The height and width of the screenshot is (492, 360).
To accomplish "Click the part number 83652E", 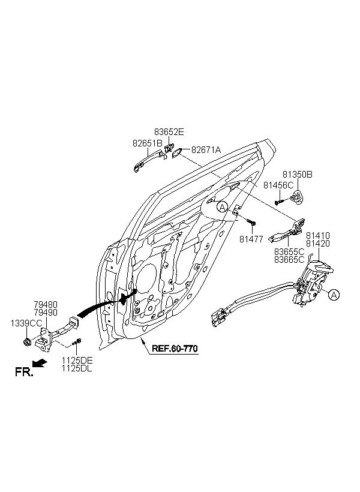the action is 169,132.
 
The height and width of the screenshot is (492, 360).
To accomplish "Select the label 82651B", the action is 148,143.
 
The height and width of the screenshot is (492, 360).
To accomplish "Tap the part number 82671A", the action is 206,150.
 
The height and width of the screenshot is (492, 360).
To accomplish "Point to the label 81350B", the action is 298,175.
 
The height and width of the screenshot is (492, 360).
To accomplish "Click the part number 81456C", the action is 278,185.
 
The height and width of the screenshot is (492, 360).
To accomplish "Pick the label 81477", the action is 251,239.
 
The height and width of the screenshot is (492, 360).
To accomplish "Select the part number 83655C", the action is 289,251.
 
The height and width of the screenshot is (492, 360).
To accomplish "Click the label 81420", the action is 318,244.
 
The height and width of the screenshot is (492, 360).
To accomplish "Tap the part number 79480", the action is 46,304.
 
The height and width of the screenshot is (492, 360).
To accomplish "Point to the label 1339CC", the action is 26,323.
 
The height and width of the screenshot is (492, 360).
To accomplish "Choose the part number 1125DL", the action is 77,368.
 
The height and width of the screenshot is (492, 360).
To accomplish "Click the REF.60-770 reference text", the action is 175,349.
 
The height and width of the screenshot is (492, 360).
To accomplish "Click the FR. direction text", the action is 24,372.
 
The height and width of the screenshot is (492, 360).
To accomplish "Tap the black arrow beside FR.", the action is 40,363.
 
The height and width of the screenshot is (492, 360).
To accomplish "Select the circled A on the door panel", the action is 222,207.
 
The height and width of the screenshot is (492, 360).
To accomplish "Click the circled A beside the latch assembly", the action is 334,295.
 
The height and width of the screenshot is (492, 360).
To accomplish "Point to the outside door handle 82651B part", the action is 148,162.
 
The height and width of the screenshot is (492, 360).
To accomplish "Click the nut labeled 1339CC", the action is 26,341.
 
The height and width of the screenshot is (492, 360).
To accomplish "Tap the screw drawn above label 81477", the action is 251,222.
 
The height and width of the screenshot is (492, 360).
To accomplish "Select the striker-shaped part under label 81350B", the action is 296,197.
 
